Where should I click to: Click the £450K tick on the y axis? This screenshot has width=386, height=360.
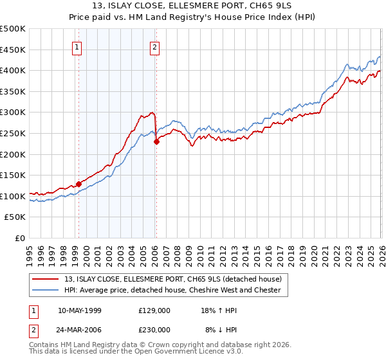pyautogui.click(x=13, y=50)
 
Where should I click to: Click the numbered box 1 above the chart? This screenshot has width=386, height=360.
pyautogui.click(x=77, y=46)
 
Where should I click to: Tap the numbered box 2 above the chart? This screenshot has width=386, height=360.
pyautogui.click(x=155, y=46)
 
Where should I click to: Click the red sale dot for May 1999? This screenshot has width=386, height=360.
pyautogui.click(x=78, y=184)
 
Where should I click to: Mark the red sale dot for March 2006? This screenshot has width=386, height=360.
pyautogui.click(x=157, y=142)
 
